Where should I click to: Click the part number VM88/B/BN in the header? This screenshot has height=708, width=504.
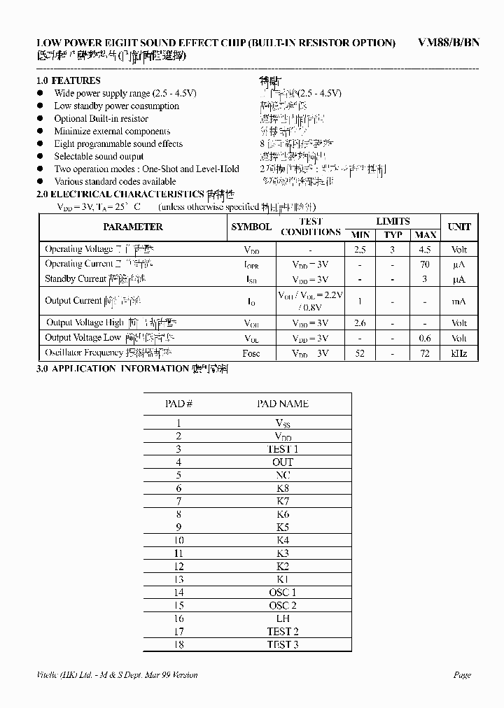point(449,42)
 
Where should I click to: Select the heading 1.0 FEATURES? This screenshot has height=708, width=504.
point(68,80)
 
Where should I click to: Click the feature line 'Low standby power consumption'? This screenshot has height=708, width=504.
point(116,106)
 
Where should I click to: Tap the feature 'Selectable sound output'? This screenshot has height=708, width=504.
point(99,157)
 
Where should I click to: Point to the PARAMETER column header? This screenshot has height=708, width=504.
point(133,227)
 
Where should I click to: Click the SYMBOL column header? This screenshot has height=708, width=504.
point(251,227)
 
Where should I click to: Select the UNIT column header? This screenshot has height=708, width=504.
point(459,227)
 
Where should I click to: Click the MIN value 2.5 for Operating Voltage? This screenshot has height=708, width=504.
point(360,249)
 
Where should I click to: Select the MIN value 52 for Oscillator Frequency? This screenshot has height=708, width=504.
point(360,353)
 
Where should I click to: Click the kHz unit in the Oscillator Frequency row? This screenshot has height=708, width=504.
point(459,353)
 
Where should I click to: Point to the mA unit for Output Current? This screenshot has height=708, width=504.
point(459,301)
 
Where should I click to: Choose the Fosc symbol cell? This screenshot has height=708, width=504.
point(251,353)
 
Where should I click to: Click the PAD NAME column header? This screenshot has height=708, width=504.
point(282,404)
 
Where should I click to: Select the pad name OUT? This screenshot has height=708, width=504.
point(282,462)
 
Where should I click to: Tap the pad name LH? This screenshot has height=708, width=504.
point(282,618)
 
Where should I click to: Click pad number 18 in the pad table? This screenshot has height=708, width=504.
point(178,644)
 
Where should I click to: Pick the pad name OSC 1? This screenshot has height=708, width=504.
point(282,593)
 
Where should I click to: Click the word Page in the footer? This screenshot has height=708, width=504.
point(462,675)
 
